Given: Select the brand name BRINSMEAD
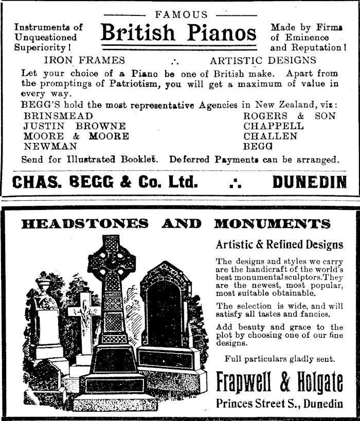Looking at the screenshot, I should tap(59, 116).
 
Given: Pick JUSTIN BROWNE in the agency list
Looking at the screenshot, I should tap(75, 126).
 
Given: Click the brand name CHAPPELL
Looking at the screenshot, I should tap(274, 126).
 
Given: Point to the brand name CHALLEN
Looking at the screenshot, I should tap(271, 136).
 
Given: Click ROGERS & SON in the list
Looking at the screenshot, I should tap(289, 116).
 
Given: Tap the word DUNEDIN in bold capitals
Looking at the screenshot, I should tap(310, 182).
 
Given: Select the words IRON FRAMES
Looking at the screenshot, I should tap(84, 61).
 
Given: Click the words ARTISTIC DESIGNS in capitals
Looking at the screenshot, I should tap(263, 61).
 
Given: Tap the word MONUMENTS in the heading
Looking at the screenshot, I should tap(272, 223).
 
